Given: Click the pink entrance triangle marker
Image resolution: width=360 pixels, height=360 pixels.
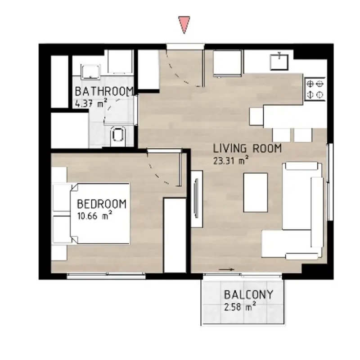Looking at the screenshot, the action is [184, 24].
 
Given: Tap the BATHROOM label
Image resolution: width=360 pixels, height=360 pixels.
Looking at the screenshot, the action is [104, 91].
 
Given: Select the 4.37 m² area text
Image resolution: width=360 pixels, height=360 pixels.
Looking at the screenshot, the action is [91, 103].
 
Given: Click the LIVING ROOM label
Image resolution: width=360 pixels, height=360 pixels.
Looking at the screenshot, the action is [247, 148].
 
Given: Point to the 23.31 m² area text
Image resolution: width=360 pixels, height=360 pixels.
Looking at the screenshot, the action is [231, 160].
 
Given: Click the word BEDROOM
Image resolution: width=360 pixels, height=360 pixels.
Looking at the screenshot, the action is [102, 204].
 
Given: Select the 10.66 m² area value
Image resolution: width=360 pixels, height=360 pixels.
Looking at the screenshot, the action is [94, 216].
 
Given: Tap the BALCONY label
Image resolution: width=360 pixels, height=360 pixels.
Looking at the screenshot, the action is [249, 295].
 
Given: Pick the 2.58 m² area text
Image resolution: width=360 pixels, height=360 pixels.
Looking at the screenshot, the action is [240, 306].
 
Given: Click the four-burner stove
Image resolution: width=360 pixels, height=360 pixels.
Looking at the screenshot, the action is [315, 89].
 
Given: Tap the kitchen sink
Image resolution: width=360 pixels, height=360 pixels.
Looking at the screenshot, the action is [279, 61].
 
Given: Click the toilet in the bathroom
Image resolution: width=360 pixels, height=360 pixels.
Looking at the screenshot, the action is [118, 136].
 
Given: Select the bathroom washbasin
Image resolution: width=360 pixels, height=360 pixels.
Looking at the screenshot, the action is [90, 72].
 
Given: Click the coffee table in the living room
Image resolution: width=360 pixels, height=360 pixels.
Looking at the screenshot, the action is [256, 193].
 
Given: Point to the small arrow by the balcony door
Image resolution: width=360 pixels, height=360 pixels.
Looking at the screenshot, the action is [226, 270].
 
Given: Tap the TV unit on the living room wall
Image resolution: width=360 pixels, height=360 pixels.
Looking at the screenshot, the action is [197, 199].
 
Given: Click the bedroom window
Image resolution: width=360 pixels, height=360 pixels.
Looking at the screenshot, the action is [106, 276].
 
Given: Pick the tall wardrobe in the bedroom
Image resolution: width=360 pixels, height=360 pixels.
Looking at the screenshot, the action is [175, 235].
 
